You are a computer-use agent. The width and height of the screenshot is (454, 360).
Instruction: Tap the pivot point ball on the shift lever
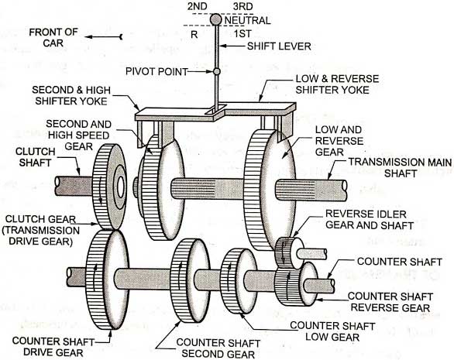click(218, 72)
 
